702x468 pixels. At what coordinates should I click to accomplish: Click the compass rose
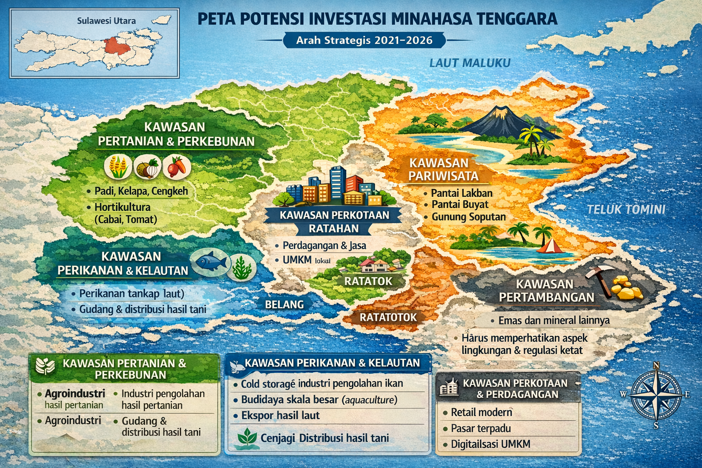tap(656, 394)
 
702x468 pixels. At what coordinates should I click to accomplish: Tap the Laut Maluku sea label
tap(469, 63)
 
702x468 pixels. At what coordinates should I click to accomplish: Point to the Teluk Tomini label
tap(626, 209)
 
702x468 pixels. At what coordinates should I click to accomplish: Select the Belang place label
tap(284, 304)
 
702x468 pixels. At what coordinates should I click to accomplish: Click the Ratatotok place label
tap(388, 317)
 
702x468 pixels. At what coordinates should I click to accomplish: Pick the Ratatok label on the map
tap(368, 281)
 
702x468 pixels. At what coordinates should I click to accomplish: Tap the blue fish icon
tap(211, 261)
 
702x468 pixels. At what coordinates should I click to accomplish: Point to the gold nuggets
tap(628, 287)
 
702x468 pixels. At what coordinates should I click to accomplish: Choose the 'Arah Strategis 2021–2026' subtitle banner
tap(364, 40)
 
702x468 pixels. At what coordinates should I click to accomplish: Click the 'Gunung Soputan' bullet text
tap(468, 217)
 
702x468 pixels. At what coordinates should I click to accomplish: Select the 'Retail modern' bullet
tap(481, 412)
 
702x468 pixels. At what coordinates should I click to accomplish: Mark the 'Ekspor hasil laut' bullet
tap(280, 415)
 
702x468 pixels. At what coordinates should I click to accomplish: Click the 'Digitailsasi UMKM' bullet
tap(490, 444)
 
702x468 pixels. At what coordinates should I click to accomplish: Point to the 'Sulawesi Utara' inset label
tap(106, 21)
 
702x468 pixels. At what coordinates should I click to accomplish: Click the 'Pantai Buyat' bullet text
tap(460, 204)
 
